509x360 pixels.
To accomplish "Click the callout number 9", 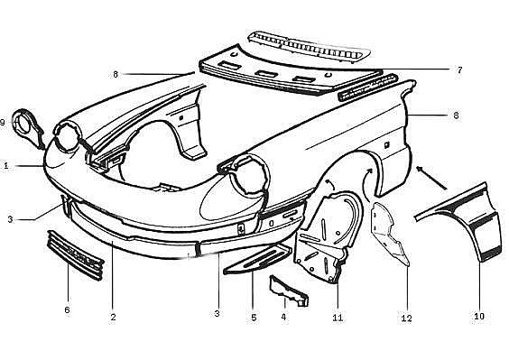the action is pos(3,123).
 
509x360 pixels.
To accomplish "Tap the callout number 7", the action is pos(459,69).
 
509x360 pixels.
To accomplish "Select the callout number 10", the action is pos(479,316).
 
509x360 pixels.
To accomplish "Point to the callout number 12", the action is pos(406,318).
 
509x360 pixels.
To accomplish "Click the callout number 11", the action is pos(338,318).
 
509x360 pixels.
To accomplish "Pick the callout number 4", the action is pos(283,317).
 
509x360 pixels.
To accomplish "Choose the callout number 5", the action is pos(254,318).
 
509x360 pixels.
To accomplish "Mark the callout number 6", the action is pos(67,309).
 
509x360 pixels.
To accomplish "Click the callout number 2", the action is pos(113,317).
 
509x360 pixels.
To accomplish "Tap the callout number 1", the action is pos(5,166).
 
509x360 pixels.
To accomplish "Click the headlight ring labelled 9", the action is pos(28,129).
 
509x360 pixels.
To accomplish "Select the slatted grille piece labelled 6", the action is pos(75,255).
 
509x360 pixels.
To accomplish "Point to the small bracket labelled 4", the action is pos(288,291).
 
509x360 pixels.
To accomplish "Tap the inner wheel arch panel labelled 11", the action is pos(328,237).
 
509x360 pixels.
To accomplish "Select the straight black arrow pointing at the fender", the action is pos(431,177).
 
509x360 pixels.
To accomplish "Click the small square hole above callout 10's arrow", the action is pos(386,144).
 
